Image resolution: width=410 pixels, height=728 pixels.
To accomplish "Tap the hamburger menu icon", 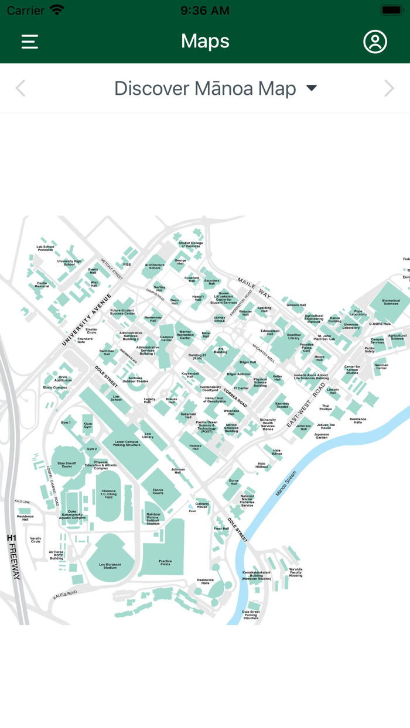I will point(30,42).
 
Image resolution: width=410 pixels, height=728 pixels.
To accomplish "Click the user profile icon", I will point(375,42).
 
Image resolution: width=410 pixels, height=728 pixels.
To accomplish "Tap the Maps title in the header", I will point(205,41).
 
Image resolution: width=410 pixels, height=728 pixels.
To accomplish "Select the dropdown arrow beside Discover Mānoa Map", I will point(312,88).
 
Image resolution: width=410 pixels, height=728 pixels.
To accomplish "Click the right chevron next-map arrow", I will point(389,88).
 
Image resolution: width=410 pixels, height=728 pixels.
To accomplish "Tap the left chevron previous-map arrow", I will point(20,88).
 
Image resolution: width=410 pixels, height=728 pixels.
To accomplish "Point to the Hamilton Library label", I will point(293,336).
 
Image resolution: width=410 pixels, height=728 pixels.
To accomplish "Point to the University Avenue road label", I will point(87,320).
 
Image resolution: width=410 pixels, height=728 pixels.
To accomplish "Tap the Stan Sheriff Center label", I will point(67,465).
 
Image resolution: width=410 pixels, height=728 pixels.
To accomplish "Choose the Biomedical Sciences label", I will point(391,303).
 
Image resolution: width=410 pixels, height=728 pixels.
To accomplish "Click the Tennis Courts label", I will point(158,491).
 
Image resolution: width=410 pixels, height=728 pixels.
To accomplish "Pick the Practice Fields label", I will point(165,562).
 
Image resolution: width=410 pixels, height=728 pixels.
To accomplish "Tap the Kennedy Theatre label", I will point(282,405).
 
